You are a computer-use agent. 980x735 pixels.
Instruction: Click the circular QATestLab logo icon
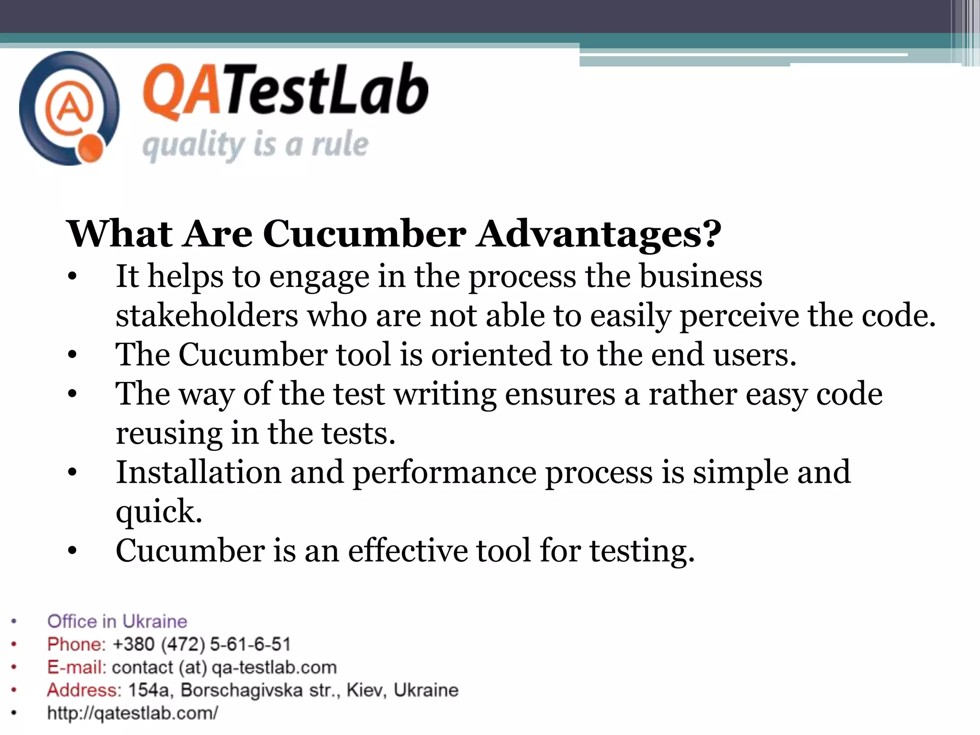point(69,109)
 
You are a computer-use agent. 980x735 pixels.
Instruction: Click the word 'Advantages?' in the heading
point(598,234)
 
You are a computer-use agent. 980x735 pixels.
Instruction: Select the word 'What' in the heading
point(120,234)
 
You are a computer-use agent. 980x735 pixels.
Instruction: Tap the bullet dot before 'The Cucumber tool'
point(72,356)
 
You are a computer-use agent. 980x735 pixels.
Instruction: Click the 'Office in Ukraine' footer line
point(117,621)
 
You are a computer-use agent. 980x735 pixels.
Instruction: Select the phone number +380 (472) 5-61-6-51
point(201,644)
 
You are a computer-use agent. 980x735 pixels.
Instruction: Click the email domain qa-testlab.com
point(274,667)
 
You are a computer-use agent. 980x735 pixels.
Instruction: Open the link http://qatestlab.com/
point(133,713)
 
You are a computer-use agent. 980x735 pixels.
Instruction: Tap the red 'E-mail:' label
point(77,667)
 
